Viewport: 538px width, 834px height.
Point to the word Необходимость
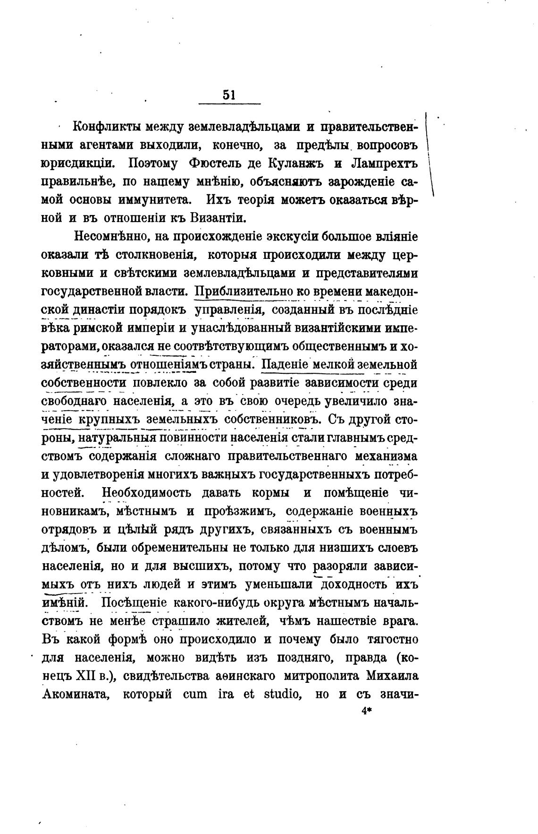point(147,493)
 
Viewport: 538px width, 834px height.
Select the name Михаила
point(392,677)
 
